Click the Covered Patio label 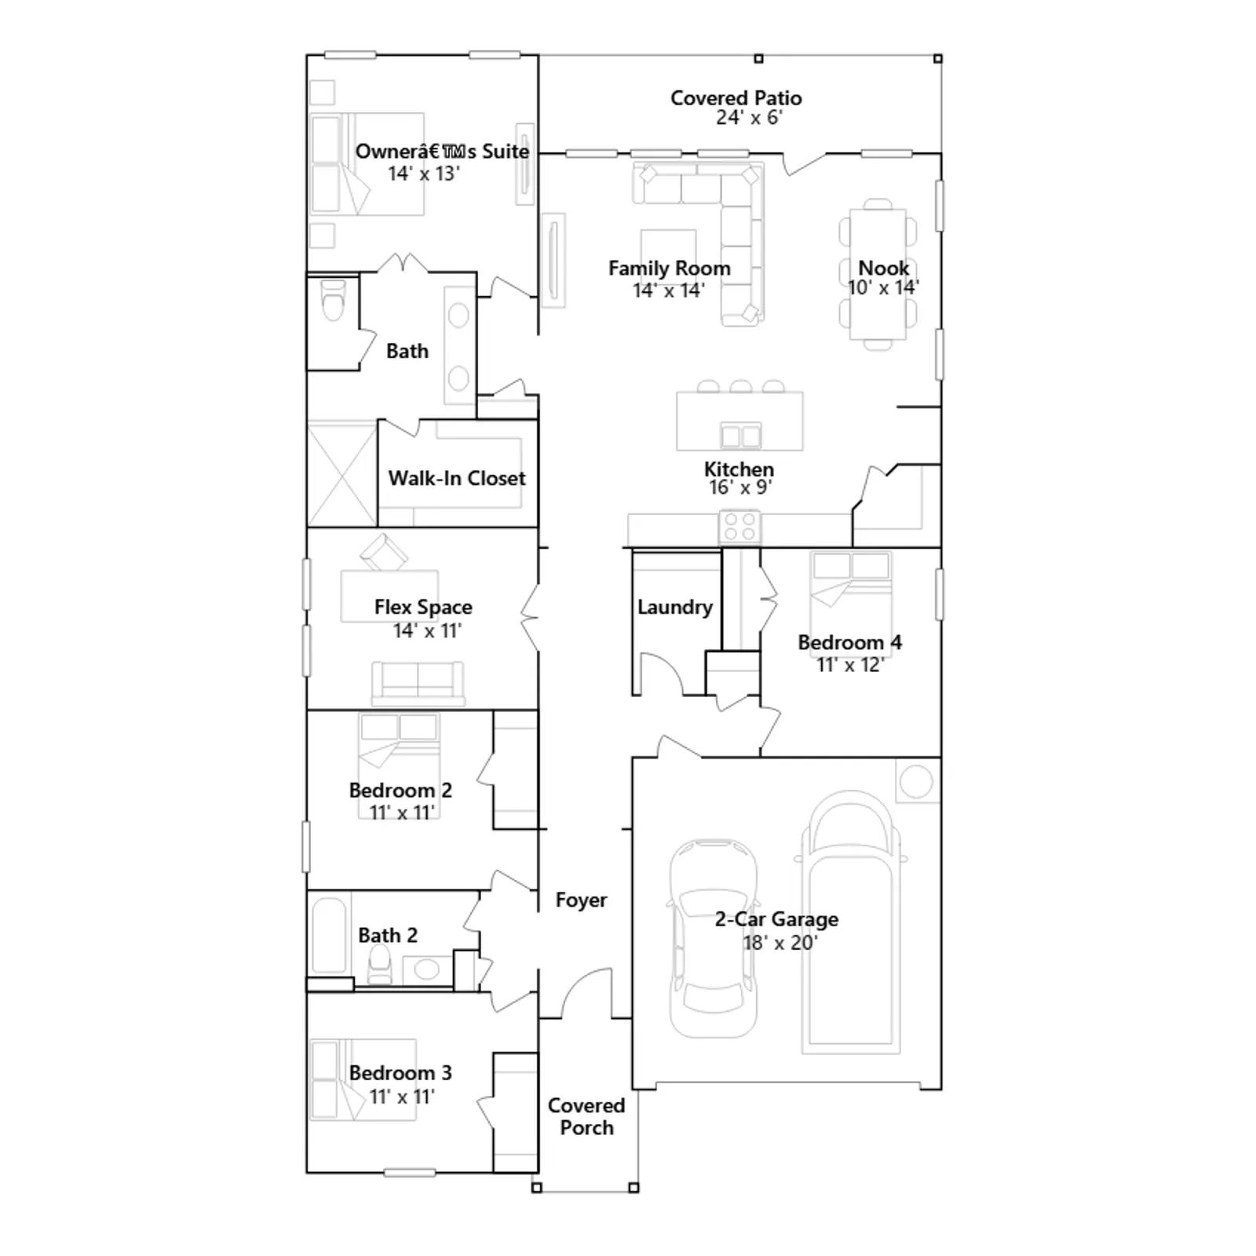tap(736, 98)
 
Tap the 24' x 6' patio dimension tap(749, 118)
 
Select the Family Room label tap(670, 268)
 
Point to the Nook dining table tap(878, 274)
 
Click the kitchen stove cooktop tap(740, 527)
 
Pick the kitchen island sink tap(740, 435)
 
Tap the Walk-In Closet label tap(457, 478)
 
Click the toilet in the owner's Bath tap(334, 299)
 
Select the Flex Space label tap(423, 607)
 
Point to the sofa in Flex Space tap(418, 684)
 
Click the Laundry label tap(675, 607)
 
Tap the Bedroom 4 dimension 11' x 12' tap(850, 665)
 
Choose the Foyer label tap(581, 900)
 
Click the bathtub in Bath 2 tap(329, 936)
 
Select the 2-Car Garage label tap(776, 919)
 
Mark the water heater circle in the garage tap(916, 781)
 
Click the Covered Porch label tap(586, 1116)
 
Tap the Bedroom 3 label tap(400, 1073)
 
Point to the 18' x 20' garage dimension tap(780, 943)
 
